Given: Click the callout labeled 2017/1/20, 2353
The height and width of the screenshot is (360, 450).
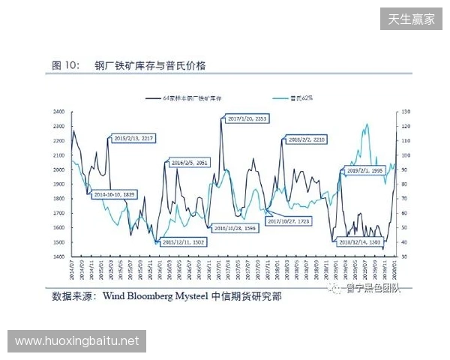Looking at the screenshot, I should coord(247,119).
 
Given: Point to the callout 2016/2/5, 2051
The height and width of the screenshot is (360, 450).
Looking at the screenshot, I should coord(189,163).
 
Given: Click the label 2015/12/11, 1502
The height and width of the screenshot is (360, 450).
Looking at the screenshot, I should coord(183,242).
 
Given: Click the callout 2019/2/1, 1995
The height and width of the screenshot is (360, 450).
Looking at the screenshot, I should coord(365,171).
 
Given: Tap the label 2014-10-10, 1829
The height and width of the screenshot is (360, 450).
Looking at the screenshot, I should coord(114,194).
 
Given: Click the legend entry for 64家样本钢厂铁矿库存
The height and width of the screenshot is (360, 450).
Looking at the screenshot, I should coord(191,98).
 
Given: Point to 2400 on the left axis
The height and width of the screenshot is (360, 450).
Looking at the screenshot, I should coord(58,112).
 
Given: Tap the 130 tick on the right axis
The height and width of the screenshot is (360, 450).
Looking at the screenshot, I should coord(406,112).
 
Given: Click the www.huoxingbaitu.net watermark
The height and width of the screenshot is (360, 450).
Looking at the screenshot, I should coord(77,341).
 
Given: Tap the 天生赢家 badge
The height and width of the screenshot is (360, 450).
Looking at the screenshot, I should coord(412,19).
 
